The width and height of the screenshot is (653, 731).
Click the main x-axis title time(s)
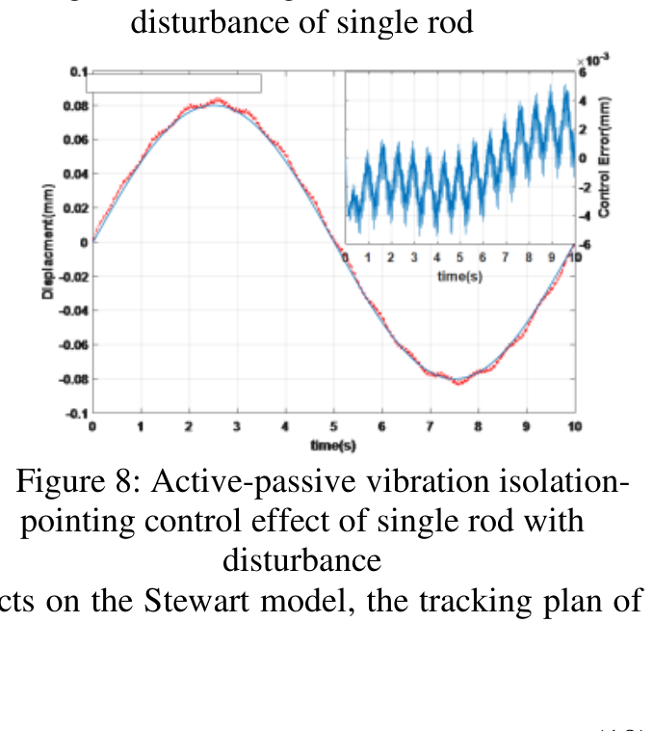coord(332,445)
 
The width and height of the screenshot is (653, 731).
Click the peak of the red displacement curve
coord(218,99)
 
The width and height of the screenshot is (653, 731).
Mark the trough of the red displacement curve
coord(459,383)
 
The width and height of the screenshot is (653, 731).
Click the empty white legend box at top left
coord(173,84)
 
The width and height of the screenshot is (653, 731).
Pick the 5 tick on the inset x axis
coord(459,258)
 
